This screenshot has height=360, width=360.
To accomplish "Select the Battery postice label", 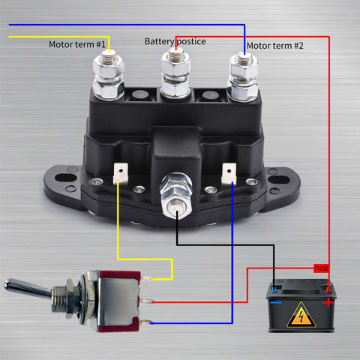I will coord(175,41).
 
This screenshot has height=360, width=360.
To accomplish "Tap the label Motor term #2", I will coord(275,46).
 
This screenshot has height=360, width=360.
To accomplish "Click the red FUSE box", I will coord(321,268).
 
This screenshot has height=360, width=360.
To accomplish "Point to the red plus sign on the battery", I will coord(328,302).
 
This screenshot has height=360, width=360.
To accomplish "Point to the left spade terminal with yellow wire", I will coord(118,175).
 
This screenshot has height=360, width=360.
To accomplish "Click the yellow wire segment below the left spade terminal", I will coord(118,225).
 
